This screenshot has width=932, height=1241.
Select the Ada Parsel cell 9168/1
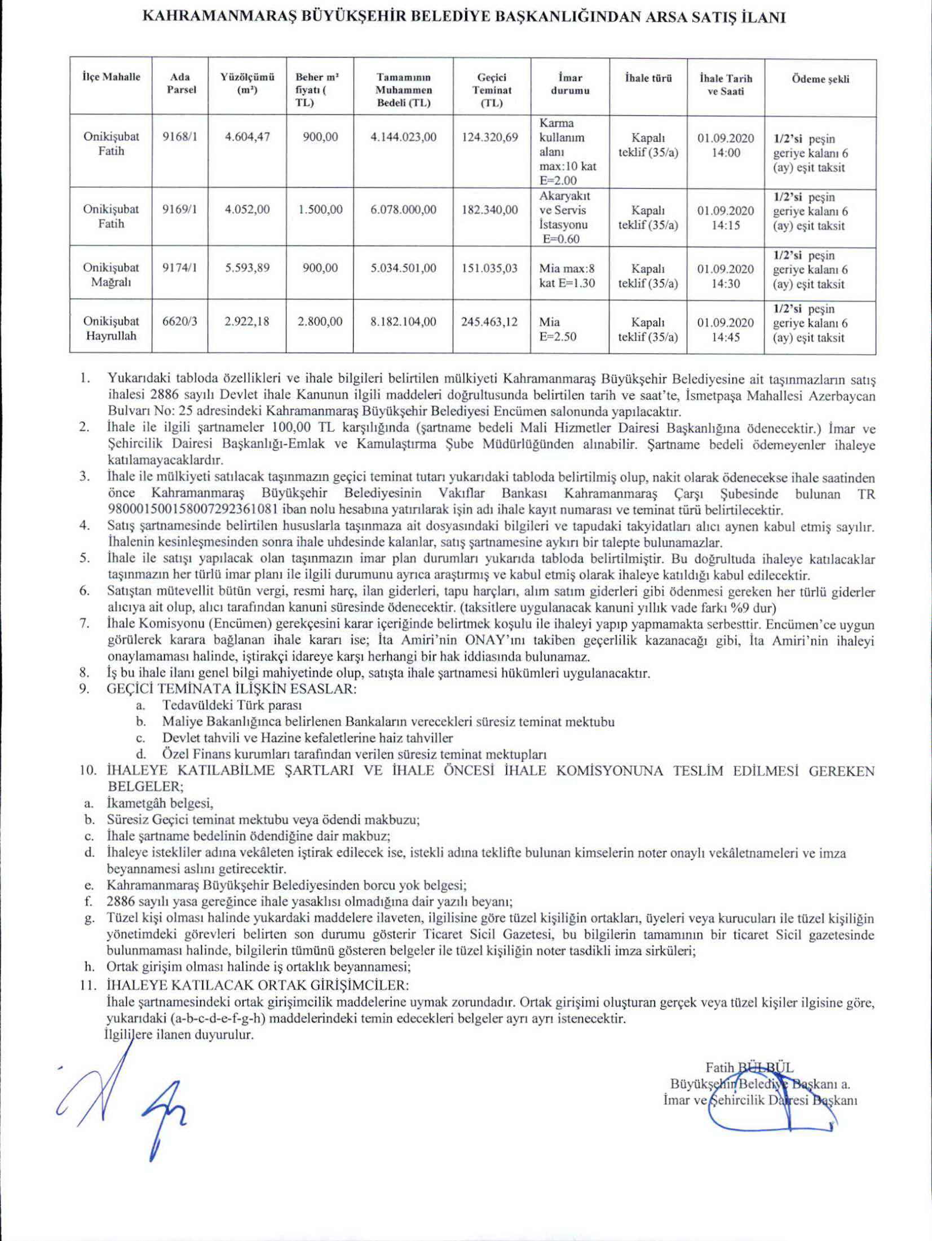[180, 136]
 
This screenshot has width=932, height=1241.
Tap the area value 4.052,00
[247, 209]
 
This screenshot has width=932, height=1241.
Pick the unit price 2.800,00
[320, 321]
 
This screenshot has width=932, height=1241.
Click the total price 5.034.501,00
[403, 268]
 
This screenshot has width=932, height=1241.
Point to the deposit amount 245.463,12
[489, 321]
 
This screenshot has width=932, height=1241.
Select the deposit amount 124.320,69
[489, 136]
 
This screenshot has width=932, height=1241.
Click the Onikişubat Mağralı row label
[111, 275]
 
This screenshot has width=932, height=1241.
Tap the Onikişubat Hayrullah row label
[111, 329]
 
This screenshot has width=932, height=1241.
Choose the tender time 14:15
[726, 225]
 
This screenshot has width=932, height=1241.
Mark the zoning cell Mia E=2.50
[558, 329]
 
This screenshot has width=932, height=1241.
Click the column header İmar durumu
[570, 84]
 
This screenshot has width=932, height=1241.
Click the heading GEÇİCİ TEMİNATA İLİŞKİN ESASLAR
[231, 689]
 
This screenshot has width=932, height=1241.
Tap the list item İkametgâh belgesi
[160, 803]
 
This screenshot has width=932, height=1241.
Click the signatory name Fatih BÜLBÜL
[749, 1067]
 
